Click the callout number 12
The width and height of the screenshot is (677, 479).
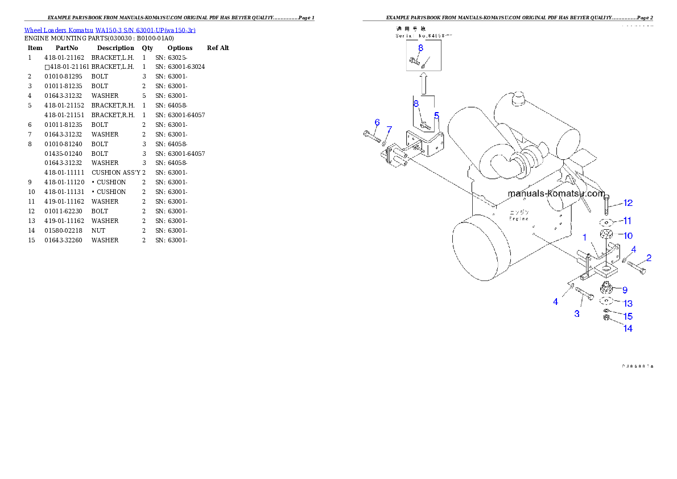click(628, 203)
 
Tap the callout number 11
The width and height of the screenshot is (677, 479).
click(627, 220)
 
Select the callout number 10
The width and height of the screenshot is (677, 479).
click(628, 236)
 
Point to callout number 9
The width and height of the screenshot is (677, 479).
click(624, 290)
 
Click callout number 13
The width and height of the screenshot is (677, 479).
click(628, 304)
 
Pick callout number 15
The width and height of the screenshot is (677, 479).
click(628, 316)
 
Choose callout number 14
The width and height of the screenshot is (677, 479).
click(628, 328)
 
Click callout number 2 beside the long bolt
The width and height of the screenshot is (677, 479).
click(649, 258)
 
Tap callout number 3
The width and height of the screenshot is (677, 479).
click(577, 313)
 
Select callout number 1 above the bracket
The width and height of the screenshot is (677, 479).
click(584, 237)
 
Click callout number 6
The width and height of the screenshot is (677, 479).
click(377, 122)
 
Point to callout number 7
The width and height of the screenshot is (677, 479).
click(389, 129)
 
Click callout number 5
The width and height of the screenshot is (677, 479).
click(436, 115)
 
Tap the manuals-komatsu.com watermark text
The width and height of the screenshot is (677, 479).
click(556, 193)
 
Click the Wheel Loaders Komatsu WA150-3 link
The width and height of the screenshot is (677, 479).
click(110, 30)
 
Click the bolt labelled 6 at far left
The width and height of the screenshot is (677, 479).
click(370, 135)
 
